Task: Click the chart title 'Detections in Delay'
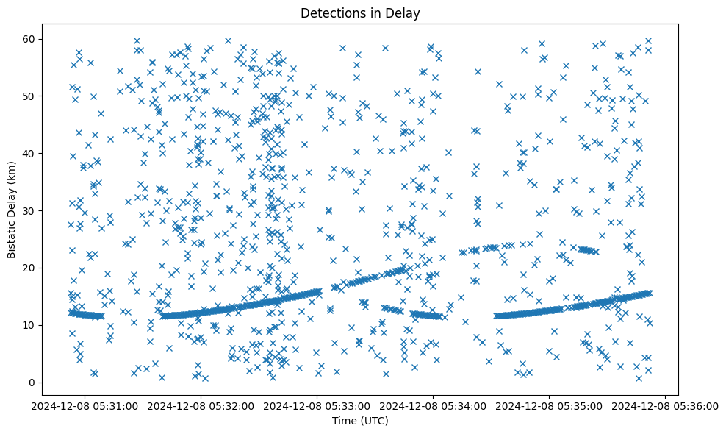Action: click(360, 13)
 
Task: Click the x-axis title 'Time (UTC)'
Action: click(360, 421)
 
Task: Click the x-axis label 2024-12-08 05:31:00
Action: click(85, 405)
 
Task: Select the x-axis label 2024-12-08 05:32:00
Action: click(201, 405)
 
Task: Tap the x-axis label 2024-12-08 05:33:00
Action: click(317, 405)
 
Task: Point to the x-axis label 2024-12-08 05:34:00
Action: click(434, 405)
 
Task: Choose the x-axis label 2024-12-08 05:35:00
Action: click(550, 405)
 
